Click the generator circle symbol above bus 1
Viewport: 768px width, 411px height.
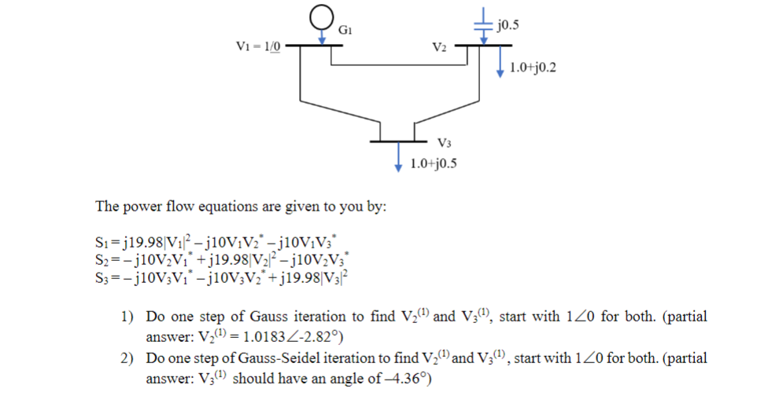[x=321, y=17]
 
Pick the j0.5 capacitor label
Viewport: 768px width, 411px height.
[x=508, y=24]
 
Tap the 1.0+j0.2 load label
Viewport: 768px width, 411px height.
[x=533, y=68]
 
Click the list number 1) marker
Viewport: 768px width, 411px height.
[x=127, y=317]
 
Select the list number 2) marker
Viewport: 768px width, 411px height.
[x=127, y=358]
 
